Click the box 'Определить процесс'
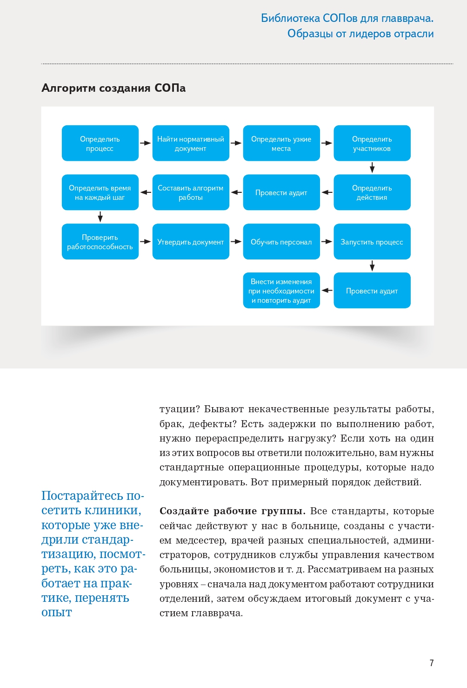click(100, 143)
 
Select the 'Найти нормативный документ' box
click(191, 143)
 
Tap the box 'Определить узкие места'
click(281, 143)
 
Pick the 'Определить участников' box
click(372, 143)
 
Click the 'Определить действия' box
click(372, 192)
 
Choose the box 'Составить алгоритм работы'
click(191, 192)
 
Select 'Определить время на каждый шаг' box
click(100, 192)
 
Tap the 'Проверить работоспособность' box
click(100, 242)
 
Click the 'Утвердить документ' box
click(191, 242)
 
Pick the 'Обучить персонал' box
click(281, 242)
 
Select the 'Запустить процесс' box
click(372, 242)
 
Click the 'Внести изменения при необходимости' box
click(281, 291)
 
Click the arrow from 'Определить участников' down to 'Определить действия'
click(372, 168)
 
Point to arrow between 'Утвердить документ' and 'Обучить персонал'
click(236, 242)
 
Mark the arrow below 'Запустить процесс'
click(372, 266)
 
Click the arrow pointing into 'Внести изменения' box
click(327, 290)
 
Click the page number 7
click(432, 663)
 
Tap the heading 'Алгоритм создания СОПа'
click(113, 88)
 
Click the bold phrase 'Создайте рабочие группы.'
click(232, 511)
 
